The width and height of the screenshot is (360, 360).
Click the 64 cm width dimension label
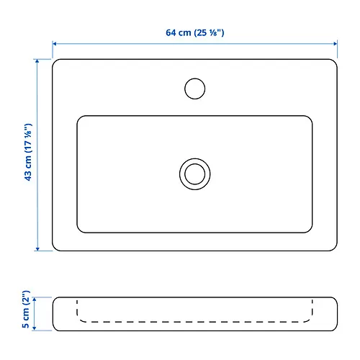click(194, 32)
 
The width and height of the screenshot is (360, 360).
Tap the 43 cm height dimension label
click(28, 156)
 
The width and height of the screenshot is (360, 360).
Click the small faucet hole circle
click(194, 88)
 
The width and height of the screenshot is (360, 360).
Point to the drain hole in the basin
click(194, 174)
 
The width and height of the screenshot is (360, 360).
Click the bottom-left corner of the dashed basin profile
click(78, 318)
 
